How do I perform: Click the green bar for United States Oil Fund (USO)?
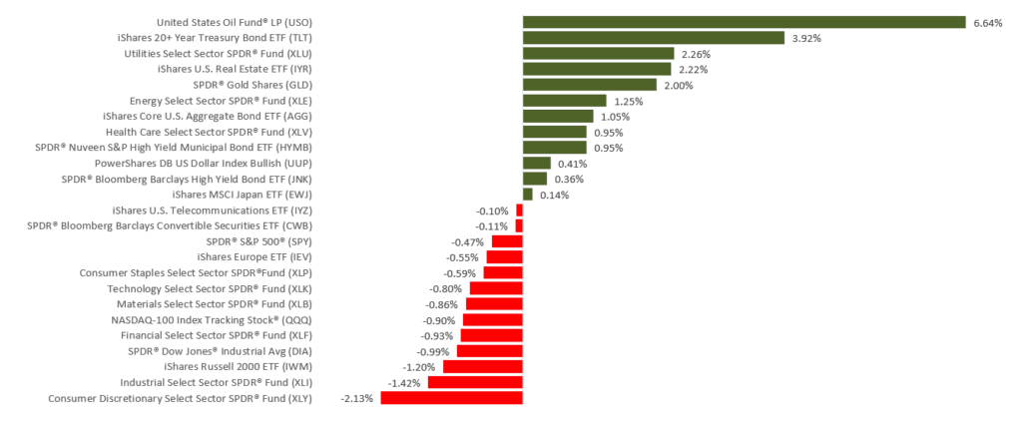click(744, 22)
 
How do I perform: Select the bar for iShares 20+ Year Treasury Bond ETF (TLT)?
click(654, 38)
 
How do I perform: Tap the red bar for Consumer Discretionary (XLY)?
click(451, 398)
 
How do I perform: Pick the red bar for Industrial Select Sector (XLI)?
click(475, 382)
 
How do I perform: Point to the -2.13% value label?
click(357, 398)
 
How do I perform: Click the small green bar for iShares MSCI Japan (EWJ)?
click(528, 195)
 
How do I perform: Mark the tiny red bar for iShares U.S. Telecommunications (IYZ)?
click(519, 210)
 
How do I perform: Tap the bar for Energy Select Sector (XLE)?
click(565, 101)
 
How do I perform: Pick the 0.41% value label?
click(572, 163)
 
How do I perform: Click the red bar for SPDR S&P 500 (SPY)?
click(507, 241)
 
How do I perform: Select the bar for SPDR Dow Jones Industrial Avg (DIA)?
click(490, 351)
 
